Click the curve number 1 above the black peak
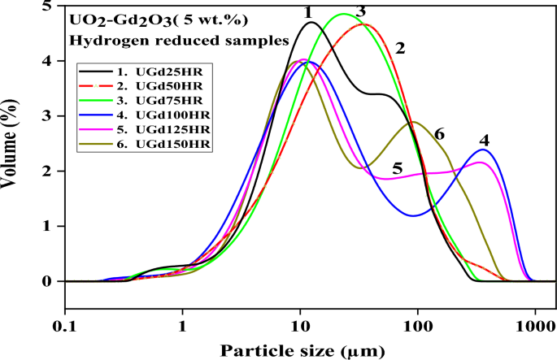pos(308,11)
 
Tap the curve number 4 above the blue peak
pos(485,139)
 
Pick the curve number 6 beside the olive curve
pos(439,134)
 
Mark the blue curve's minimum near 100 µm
pos(414,215)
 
